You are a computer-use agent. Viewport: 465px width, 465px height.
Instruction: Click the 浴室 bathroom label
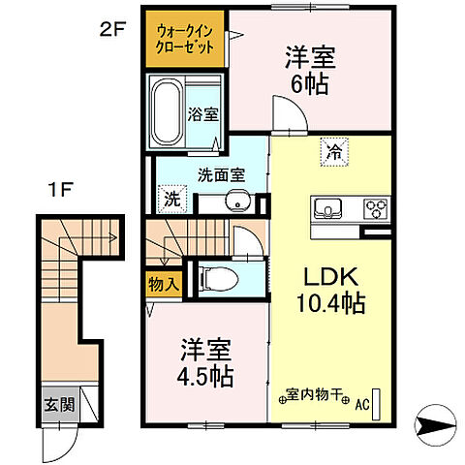pos(204,113)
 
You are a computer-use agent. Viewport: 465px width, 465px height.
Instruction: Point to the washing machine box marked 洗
pos(170,201)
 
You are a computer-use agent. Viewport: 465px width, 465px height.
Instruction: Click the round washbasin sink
pos(234,202)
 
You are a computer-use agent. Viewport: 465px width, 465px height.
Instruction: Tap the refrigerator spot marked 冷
pos(332,151)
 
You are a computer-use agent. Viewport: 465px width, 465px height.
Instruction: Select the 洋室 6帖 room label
pos(306,70)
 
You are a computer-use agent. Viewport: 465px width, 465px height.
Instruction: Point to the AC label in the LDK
pos(363,405)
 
